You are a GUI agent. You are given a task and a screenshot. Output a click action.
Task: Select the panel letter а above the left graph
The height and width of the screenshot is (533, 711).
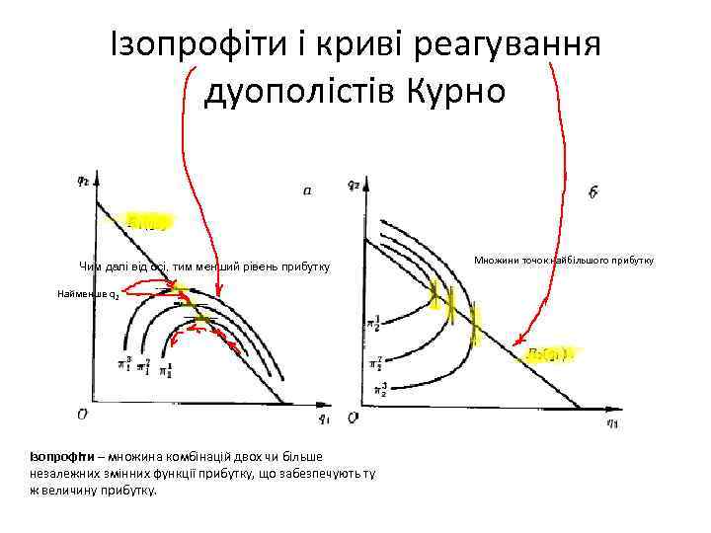[308, 191]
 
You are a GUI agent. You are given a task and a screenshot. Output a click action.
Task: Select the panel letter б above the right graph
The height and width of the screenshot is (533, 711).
[591, 192]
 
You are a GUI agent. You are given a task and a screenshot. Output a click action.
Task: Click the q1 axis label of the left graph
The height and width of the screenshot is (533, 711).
[323, 418]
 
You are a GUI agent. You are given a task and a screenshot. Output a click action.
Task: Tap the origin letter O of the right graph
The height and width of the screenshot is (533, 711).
[353, 419]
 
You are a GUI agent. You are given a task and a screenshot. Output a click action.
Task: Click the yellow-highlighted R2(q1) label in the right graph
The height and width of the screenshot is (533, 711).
[549, 352]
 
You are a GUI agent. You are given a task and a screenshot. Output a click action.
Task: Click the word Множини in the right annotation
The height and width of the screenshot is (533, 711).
[497, 260]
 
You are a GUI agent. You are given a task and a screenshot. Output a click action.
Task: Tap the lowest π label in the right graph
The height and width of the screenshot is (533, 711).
[375, 388]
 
